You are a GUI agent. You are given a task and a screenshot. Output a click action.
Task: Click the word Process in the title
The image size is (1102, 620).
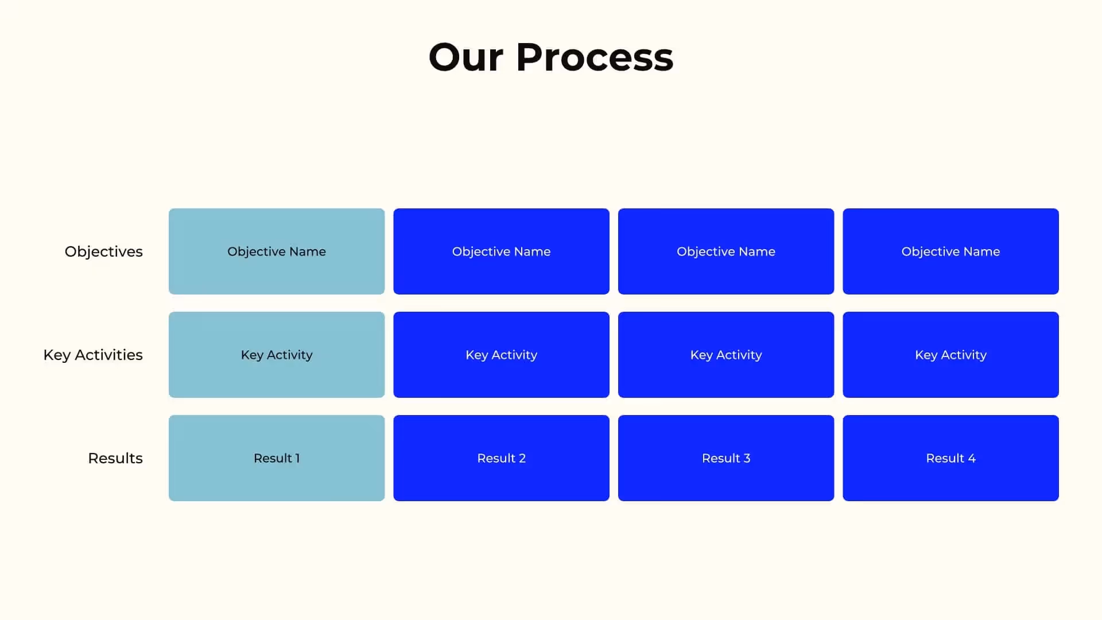point(595,57)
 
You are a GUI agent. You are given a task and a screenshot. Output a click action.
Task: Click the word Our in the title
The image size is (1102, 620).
point(465,57)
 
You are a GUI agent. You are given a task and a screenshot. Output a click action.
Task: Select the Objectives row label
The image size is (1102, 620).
point(103,251)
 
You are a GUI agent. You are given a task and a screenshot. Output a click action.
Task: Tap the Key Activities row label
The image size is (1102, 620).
point(93,355)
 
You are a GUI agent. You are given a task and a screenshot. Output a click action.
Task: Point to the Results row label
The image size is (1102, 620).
point(115,458)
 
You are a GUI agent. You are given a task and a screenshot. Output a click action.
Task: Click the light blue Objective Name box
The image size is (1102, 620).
point(277,251)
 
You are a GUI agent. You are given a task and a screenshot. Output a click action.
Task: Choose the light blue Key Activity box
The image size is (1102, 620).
point(277,355)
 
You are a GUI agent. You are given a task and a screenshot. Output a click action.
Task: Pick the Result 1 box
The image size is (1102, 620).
point(277,458)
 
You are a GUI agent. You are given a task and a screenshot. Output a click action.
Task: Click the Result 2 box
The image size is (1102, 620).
point(501,458)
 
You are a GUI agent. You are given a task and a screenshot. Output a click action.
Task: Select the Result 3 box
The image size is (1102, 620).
point(726,458)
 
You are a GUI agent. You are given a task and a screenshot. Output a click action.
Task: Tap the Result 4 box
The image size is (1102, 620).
point(950,458)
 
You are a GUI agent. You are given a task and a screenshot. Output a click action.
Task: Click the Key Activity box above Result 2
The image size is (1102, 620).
point(501,355)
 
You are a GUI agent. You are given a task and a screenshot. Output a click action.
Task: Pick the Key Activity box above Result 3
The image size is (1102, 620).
point(726,355)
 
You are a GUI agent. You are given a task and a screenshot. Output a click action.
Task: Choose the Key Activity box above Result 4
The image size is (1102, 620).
point(950,355)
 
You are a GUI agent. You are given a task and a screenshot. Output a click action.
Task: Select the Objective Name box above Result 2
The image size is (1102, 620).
point(501,251)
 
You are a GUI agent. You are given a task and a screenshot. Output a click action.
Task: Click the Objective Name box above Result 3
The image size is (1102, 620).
point(726,251)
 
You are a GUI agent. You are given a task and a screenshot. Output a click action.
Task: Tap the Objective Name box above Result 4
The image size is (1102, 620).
point(950,251)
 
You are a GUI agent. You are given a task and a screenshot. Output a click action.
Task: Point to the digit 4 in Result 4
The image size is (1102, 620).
point(972,458)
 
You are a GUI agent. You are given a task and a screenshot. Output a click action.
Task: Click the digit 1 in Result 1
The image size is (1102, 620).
point(297,458)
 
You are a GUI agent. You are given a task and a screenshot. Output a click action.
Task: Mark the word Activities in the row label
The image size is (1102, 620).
point(108,355)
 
